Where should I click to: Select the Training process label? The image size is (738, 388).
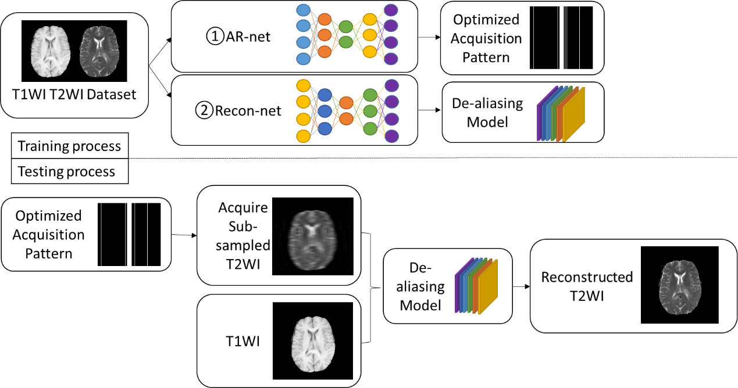coord(69,146)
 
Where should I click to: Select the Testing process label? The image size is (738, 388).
coord(66,172)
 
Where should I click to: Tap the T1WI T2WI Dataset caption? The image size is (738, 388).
coord(74,94)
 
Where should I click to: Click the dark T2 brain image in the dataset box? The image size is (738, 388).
coord(99,51)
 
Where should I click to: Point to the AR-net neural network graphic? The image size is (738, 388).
coord(347,34)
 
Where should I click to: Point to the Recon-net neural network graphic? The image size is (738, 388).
coord(347,110)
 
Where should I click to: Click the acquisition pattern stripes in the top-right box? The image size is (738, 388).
coord(561,38)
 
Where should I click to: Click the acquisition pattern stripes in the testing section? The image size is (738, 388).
coord(129,233)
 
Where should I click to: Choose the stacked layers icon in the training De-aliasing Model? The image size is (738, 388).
coord(561,114)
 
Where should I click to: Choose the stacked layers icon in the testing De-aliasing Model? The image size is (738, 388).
coord(476,285)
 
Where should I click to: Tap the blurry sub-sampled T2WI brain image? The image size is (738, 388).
coord(313,236)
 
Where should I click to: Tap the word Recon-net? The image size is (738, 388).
coord(248,110)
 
